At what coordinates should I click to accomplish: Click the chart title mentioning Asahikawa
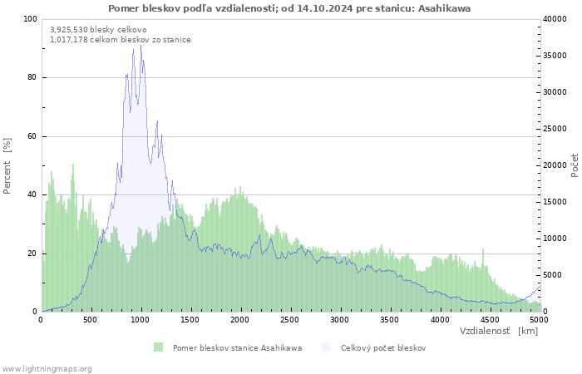coord(289,8)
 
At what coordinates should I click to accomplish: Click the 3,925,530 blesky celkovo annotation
coord(98,30)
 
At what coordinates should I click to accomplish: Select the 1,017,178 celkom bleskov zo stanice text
coord(121,40)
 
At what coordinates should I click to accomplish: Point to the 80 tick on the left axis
coord(32,77)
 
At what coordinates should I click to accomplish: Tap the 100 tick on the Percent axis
coord(30,19)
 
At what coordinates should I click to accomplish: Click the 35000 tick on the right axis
coord(555,56)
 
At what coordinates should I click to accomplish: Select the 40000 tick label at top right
coord(555,19)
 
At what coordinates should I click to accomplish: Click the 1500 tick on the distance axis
coord(190,320)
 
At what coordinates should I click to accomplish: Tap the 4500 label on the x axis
coord(490,320)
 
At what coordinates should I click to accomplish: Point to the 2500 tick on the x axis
coord(289,320)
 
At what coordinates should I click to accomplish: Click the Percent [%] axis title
coord(7,166)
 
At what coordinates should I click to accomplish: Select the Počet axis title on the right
coord(575,165)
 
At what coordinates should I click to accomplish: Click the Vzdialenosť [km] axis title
coord(499,331)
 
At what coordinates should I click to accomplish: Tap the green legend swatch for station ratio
coord(159,347)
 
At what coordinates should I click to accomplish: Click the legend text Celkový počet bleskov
coord(383,348)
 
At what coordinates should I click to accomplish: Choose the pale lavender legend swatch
coord(326,347)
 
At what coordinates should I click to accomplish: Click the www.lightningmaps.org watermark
coord(47,369)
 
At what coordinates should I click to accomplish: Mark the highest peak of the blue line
coord(141,45)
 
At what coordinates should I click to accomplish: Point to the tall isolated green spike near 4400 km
coord(483,256)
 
